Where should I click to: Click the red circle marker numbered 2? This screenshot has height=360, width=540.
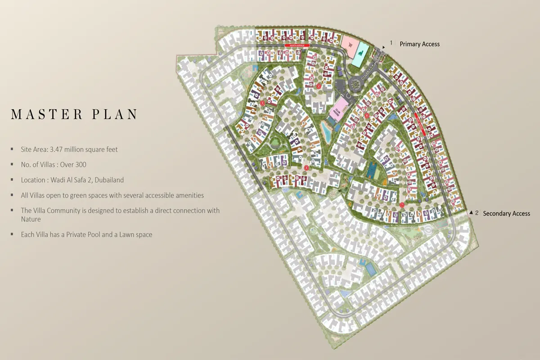[x=318, y=86]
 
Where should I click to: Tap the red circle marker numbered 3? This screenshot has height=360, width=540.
[x=262, y=103]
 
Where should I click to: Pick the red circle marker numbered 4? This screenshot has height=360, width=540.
[x=306, y=168]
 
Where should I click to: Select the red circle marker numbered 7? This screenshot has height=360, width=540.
[x=402, y=205]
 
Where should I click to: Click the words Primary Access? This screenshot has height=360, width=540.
[x=419, y=44]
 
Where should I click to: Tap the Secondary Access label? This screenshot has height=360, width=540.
[x=506, y=213]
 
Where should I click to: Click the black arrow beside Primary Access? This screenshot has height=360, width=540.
[x=384, y=46]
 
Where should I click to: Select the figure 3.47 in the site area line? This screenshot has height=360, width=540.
[x=58, y=149]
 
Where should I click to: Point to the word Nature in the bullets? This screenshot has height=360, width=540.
[x=31, y=219]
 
